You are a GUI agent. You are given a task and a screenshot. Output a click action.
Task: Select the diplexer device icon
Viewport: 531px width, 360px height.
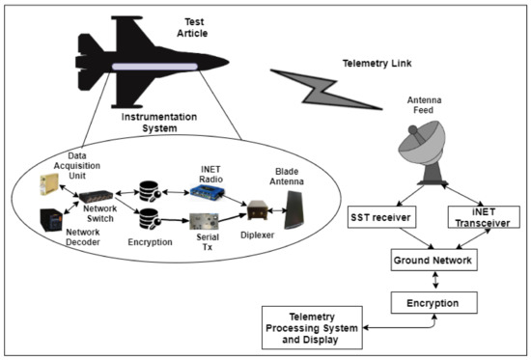coord(255,208)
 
